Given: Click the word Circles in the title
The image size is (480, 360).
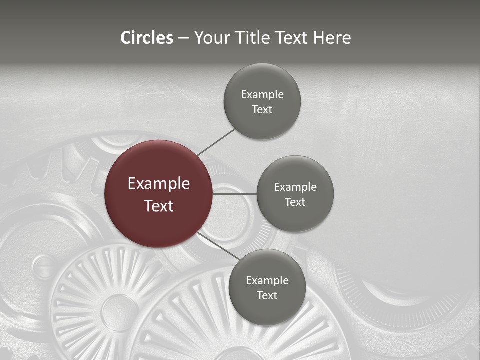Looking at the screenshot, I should click(x=147, y=38).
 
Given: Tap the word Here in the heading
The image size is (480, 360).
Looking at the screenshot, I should click(x=332, y=38).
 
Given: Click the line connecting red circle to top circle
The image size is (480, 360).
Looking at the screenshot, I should click(x=216, y=142).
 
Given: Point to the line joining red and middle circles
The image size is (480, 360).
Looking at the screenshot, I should click(x=234, y=193).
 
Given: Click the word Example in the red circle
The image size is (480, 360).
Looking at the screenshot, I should click(x=159, y=184).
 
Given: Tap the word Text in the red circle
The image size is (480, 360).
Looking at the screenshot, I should click(x=159, y=206).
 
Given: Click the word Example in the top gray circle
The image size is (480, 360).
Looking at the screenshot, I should click(x=262, y=95).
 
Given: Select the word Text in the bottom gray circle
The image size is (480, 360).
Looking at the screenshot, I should click(x=267, y=295).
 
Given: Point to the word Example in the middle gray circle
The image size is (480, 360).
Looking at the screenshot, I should click(x=295, y=187).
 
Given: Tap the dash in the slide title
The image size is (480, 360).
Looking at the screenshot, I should click(x=183, y=38).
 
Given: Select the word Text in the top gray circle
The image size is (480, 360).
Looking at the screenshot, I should click(x=262, y=110).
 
